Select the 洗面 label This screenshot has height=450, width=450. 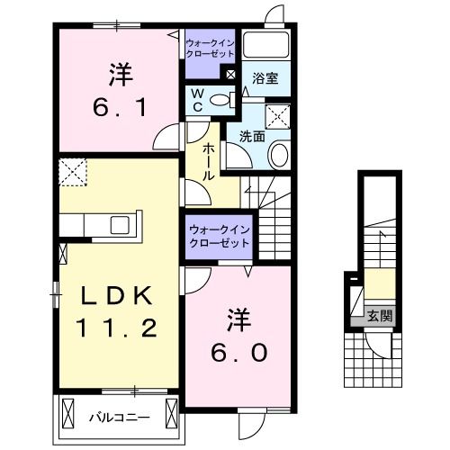click(x=251, y=138)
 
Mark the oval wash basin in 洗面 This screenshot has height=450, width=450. click(x=280, y=156)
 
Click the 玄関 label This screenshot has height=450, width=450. click(x=378, y=315)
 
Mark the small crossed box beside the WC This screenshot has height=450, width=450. click(x=231, y=76)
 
